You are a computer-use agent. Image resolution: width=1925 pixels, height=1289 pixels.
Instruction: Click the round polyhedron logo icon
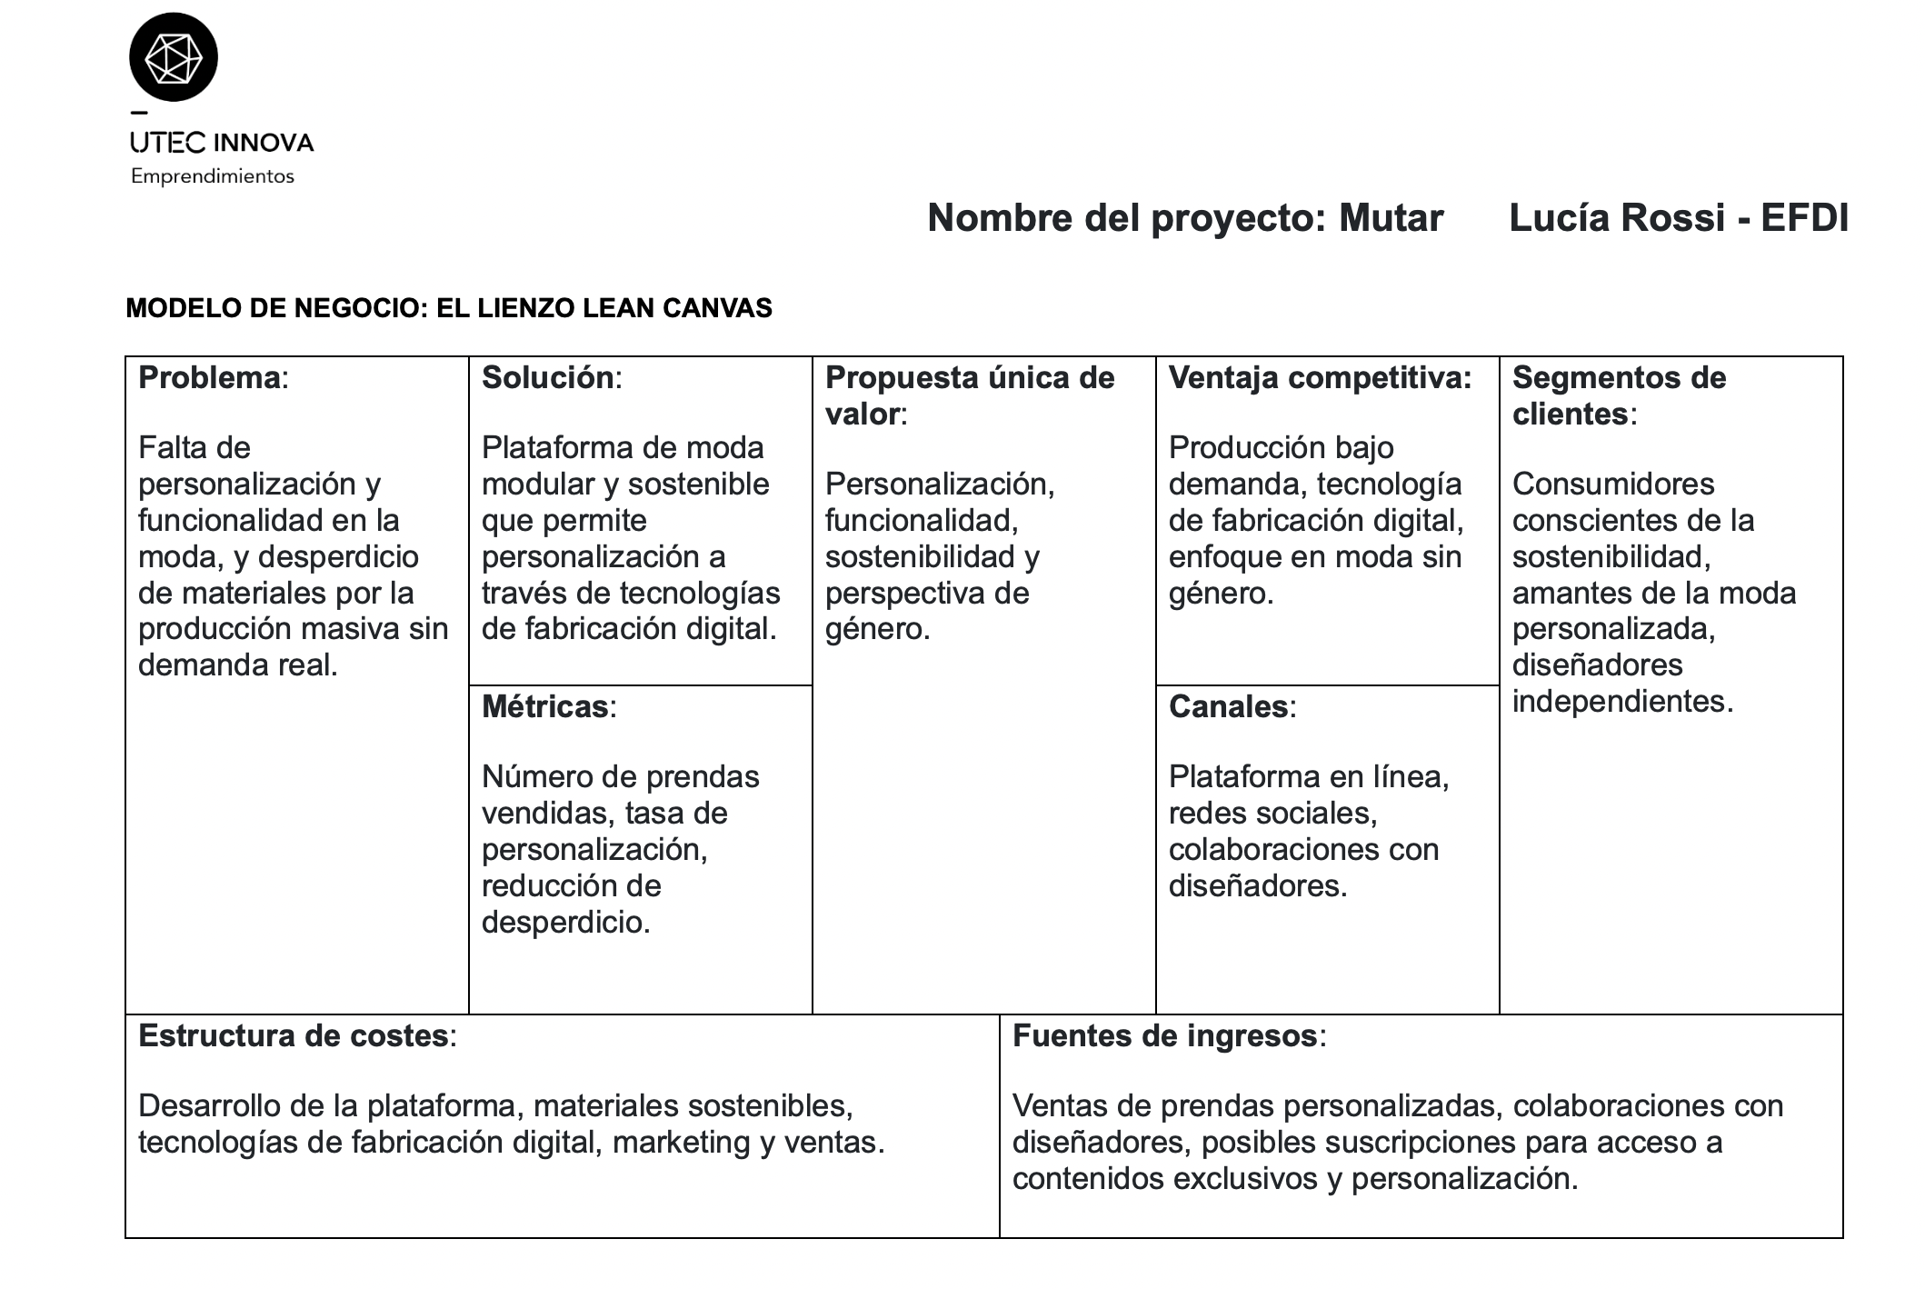pos(174,56)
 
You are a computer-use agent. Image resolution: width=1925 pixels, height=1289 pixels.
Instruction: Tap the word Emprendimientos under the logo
pos(212,176)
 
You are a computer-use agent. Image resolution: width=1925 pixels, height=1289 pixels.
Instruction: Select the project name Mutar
pos(1391,218)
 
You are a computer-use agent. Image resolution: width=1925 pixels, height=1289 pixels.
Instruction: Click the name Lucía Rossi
pos(1616,218)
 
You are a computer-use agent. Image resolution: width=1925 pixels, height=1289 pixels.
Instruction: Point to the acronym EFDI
pos(1804,218)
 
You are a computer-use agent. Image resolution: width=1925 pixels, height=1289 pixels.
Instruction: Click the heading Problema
pos(210,378)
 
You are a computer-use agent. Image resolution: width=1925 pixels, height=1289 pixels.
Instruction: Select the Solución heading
pos(548,378)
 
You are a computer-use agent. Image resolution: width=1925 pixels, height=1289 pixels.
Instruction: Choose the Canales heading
pos(1228,706)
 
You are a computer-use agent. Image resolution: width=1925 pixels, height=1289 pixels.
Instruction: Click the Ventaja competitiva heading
pos(1319,378)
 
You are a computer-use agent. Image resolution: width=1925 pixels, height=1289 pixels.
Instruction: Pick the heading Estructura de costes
pos(293,1035)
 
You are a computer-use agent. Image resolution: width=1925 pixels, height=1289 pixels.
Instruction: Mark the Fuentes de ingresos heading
pos(1164,1035)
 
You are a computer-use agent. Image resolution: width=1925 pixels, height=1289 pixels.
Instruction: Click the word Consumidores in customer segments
pos(1612,484)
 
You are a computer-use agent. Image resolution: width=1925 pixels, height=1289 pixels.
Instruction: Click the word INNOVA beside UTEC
pos(264,143)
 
